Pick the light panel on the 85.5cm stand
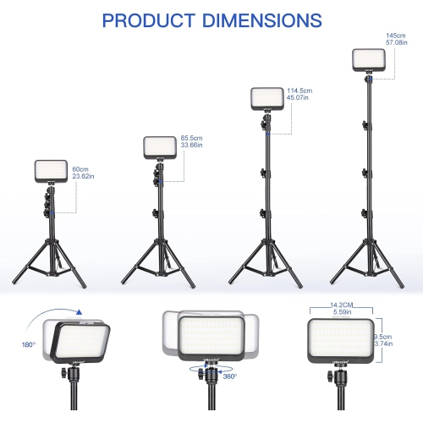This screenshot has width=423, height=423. click(158, 148)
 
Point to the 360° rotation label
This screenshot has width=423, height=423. click(230, 377)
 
